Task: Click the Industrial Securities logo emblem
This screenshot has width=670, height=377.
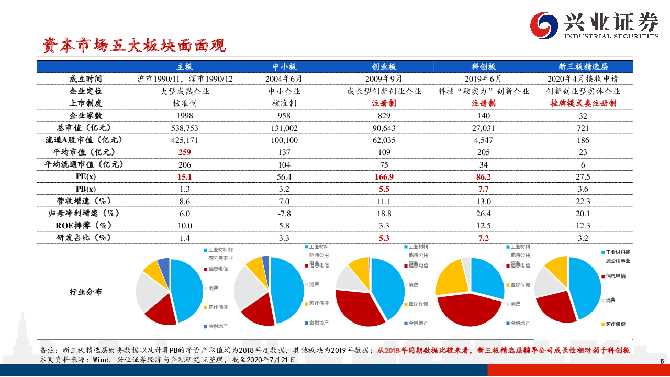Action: tap(545, 25)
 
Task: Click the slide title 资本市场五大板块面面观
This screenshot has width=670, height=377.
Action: tap(135, 46)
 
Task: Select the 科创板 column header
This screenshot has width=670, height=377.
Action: tap(483, 66)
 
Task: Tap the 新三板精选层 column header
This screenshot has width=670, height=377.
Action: tap(583, 66)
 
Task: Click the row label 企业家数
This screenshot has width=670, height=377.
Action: tap(85, 116)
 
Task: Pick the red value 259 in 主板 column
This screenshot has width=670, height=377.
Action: tap(185, 152)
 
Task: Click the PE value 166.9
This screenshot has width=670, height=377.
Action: tap(384, 177)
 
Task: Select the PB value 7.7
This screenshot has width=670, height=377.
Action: tap(483, 189)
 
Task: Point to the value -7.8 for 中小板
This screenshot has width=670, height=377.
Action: tap(284, 213)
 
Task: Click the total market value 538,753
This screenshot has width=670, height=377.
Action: tap(185, 128)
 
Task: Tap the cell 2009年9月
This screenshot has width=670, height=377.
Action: tap(384, 79)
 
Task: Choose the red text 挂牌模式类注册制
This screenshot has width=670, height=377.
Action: tap(583, 104)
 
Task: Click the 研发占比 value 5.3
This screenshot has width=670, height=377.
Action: tap(384, 238)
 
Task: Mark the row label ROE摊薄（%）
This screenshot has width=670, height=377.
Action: tap(85, 226)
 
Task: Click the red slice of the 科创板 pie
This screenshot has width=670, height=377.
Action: tap(468, 312)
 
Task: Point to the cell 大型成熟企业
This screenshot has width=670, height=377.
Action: tap(185, 91)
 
